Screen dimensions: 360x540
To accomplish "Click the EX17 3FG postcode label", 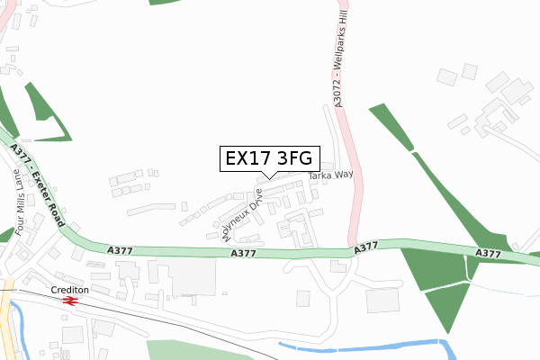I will pyautogui.click(x=266, y=158).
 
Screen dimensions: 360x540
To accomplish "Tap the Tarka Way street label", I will pyautogui.click(x=331, y=175).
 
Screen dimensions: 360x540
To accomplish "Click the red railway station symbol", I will pyautogui.click(x=70, y=301).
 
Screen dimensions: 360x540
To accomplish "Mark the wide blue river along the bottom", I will pyautogui.click(x=360, y=347).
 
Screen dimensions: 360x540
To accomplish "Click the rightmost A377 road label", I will pyautogui.click(x=489, y=255).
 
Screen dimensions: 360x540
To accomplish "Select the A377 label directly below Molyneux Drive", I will pyautogui.click(x=244, y=255).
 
